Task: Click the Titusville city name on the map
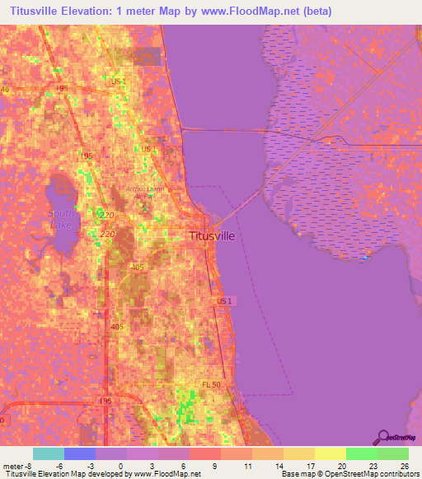[x=212, y=235]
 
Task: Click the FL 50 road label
[x=213, y=385]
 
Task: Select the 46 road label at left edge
[x=5, y=89]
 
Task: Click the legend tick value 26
[x=403, y=465]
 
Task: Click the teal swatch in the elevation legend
[x=49, y=453]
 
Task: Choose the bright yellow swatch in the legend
[x=330, y=453]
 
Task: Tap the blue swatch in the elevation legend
[x=80, y=453]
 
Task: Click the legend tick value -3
[x=91, y=465]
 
